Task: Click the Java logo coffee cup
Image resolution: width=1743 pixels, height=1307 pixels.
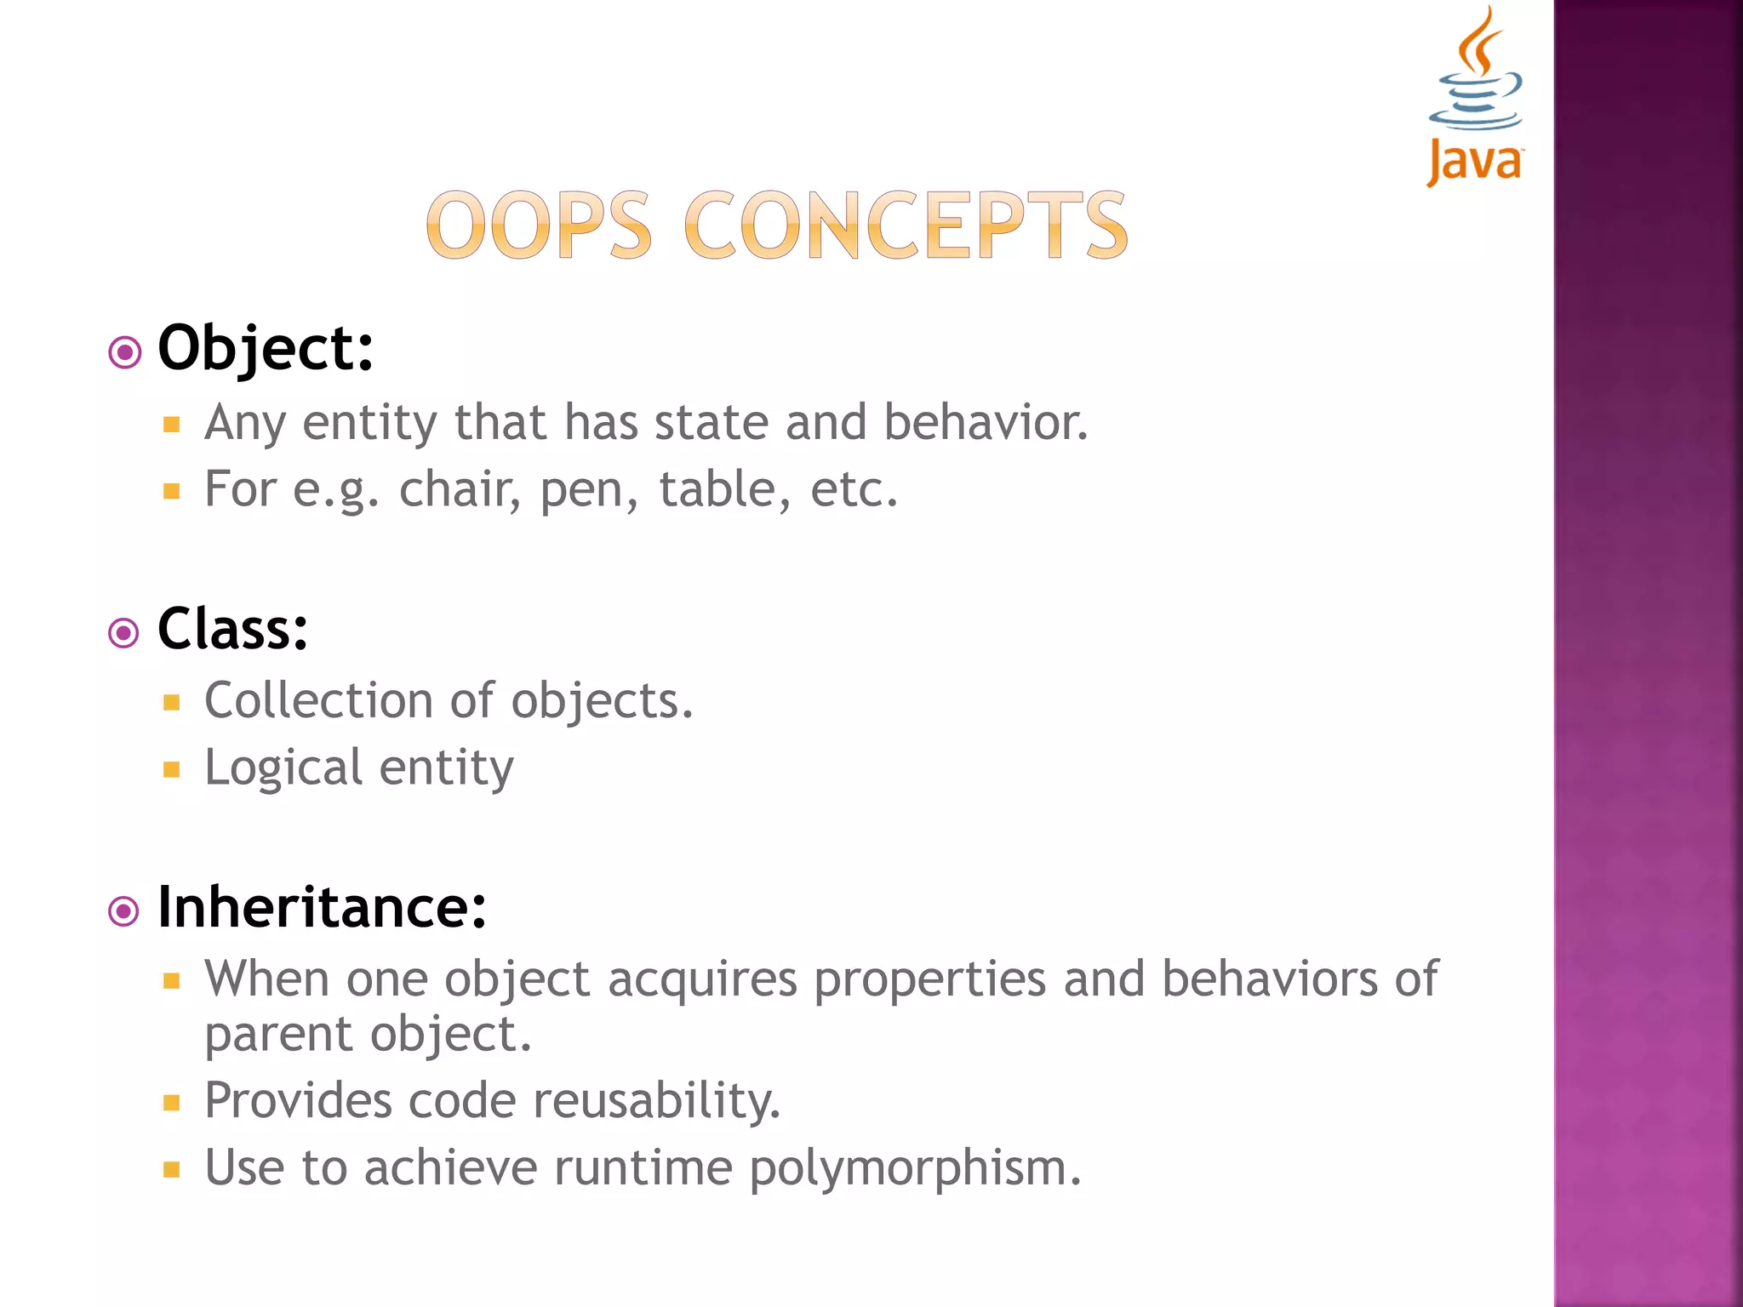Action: click(x=1475, y=94)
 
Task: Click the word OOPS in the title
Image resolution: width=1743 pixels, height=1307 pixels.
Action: click(x=539, y=225)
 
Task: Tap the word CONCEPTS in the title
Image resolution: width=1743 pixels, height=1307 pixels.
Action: click(x=906, y=225)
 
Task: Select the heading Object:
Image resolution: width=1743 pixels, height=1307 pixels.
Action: click(x=266, y=349)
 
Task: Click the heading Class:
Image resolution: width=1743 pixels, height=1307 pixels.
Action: click(x=232, y=630)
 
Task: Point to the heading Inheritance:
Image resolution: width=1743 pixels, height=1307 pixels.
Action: click(x=322, y=908)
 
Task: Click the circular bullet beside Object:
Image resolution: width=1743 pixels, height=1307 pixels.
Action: click(x=125, y=352)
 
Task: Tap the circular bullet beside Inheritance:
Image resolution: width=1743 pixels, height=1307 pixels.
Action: click(x=124, y=912)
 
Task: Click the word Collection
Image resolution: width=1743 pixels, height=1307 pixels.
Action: click(x=319, y=701)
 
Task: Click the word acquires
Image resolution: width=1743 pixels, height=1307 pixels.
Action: click(x=702, y=979)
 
